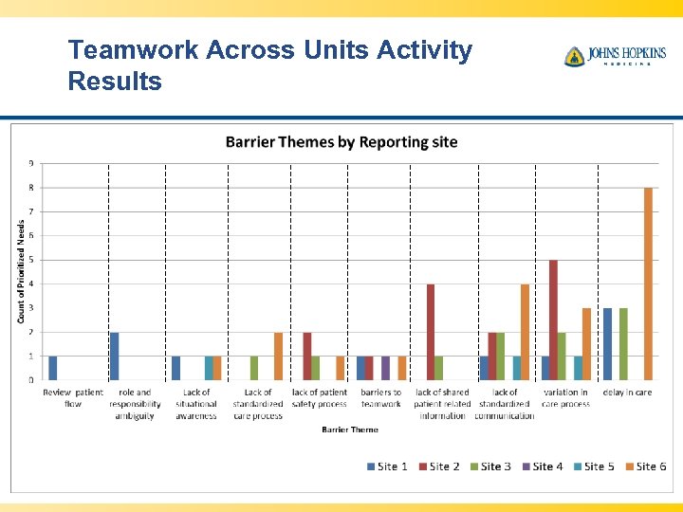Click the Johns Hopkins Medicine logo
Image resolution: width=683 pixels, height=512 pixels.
[x=615, y=56]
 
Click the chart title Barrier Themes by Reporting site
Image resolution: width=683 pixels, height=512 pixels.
[x=341, y=142]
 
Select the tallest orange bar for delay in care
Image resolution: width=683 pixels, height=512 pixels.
[x=649, y=283]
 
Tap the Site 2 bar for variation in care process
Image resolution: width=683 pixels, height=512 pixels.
[x=553, y=320]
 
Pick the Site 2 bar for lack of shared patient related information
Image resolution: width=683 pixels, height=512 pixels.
[x=431, y=332]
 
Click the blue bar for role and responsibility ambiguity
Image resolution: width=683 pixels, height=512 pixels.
[x=115, y=356]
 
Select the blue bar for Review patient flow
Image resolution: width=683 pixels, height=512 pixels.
[x=53, y=368]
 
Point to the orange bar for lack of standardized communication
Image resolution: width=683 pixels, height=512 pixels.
[x=525, y=332]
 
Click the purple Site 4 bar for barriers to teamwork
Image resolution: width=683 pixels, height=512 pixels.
[x=385, y=368]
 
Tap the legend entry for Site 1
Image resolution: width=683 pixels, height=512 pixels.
[x=388, y=466]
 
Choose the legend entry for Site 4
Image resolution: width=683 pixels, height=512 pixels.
[x=543, y=466]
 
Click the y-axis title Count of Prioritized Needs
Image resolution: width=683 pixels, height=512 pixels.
[x=22, y=271]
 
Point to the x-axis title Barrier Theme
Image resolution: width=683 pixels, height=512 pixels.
[x=349, y=430]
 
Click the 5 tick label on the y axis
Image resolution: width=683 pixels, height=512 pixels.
[x=30, y=260]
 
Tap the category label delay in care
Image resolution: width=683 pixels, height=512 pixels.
[x=627, y=393]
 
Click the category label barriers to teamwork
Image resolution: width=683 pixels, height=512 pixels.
[x=380, y=398]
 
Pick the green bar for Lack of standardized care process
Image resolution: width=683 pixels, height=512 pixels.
[x=254, y=368]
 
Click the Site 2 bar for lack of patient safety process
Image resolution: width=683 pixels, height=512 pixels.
[x=307, y=356]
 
